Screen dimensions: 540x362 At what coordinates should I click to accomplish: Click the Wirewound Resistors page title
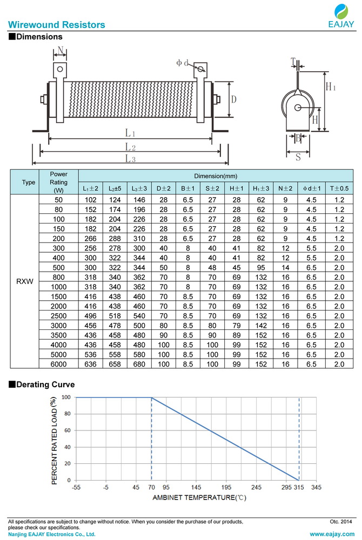tap(56, 25)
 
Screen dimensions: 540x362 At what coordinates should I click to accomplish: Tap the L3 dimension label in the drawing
tap(130, 158)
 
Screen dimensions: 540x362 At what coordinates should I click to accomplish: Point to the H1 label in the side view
tap(331, 86)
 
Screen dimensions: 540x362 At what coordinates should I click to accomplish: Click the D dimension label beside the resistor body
tap(233, 99)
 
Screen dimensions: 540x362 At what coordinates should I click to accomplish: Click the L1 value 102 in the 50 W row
tap(90, 200)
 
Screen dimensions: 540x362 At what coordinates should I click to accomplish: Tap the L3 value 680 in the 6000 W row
tap(139, 364)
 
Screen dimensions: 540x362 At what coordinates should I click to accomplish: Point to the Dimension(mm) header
tap(216, 176)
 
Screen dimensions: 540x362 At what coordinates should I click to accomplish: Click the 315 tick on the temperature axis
tap(299, 488)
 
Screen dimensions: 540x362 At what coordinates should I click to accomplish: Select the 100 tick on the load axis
tap(66, 397)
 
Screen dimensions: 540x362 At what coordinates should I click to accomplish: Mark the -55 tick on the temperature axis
tap(76, 488)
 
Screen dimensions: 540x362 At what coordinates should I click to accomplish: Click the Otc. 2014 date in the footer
tap(340, 522)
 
